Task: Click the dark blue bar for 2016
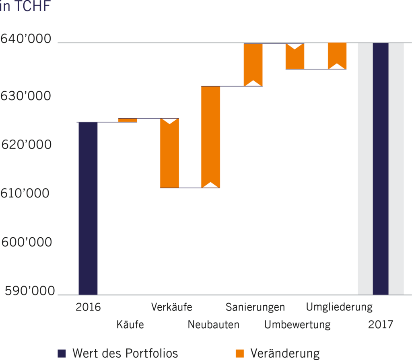pyautogui.click(x=88, y=208)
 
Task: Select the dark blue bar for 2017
pyautogui.click(x=381, y=169)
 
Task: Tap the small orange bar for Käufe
pyautogui.click(x=128, y=120)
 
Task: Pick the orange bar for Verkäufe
pyautogui.click(x=169, y=155)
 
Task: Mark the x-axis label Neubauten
pyautogui.click(x=213, y=325)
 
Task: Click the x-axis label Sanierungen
pyautogui.click(x=255, y=307)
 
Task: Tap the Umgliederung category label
pyautogui.click(x=339, y=307)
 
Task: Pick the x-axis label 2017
pyautogui.click(x=380, y=325)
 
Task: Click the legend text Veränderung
pyautogui.click(x=285, y=353)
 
